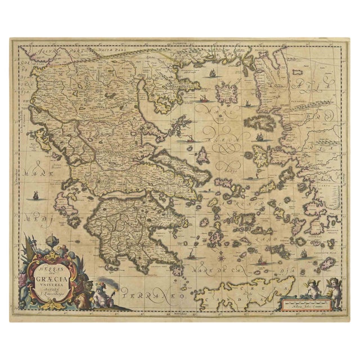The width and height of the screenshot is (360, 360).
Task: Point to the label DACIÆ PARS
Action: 101,51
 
